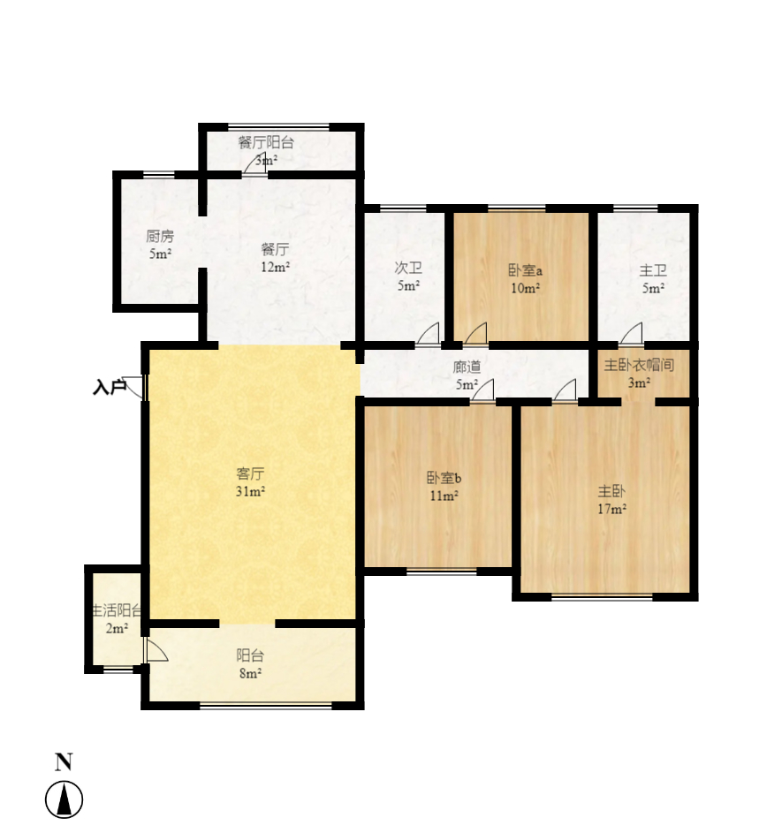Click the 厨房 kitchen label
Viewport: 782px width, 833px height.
pyautogui.click(x=159, y=245)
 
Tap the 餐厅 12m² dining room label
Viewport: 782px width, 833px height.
pyautogui.click(x=275, y=257)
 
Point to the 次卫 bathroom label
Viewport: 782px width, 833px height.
pyautogui.click(x=406, y=276)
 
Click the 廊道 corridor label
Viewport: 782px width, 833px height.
pyautogui.click(x=467, y=375)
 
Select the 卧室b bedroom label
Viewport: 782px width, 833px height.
pyautogui.click(x=444, y=487)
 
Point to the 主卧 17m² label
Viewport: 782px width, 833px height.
pyautogui.click(x=611, y=499)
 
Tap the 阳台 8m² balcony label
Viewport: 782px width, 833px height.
pyautogui.click(x=249, y=663)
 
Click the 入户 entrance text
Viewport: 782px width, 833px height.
pyautogui.click(x=109, y=387)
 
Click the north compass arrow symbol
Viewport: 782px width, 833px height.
pyautogui.click(x=64, y=800)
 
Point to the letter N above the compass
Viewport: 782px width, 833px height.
pyautogui.click(x=64, y=761)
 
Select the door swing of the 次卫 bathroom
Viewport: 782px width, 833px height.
pyautogui.click(x=429, y=334)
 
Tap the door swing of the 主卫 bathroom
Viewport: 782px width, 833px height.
pyautogui.click(x=631, y=334)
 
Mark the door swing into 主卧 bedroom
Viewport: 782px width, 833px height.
pyautogui.click(x=566, y=390)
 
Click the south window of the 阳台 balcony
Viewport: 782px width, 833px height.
pyautogui.click(x=266, y=705)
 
